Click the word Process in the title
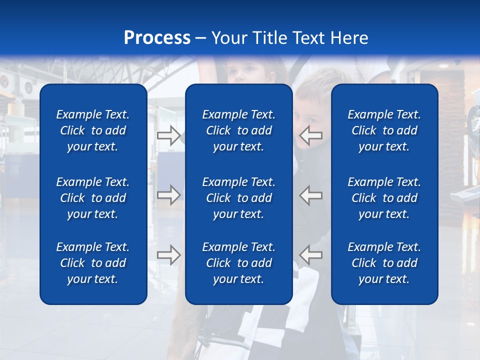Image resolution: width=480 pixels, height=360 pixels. pyautogui.click(x=157, y=38)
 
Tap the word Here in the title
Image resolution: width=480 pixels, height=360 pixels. pyautogui.click(x=348, y=38)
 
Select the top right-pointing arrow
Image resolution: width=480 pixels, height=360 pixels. pyautogui.click(x=168, y=135)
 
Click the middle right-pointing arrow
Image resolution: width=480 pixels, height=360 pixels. pyautogui.click(x=168, y=195)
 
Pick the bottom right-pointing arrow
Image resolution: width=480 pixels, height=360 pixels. pyautogui.click(x=168, y=255)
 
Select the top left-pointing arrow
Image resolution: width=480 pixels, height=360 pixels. pyautogui.click(x=310, y=135)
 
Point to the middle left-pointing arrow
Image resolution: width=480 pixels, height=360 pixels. pyautogui.click(x=310, y=195)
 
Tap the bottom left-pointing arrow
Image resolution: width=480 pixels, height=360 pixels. pyautogui.click(x=310, y=255)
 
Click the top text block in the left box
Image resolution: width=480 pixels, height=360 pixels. pyautogui.click(x=93, y=130)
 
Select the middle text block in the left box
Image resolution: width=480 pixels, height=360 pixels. pyautogui.click(x=93, y=198)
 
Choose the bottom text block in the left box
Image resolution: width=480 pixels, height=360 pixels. pyautogui.click(x=93, y=263)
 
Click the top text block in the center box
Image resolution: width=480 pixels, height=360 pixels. pyautogui.click(x=238, y=130)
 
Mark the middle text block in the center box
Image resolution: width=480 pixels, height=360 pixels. pyautogui.click(x=238, y=198)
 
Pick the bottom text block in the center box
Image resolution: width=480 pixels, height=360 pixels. pyautogui.click(x=238, y=263)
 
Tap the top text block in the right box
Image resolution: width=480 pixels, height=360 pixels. pyautogui.click(x=384, y=130)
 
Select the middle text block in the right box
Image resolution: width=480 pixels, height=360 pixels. pyautogui.click(x=384, y=198)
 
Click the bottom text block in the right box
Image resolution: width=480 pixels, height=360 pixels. pyautogui.click(x=384, y=263)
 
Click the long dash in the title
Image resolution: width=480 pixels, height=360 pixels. pyautogui.click(x=200, y=38)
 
